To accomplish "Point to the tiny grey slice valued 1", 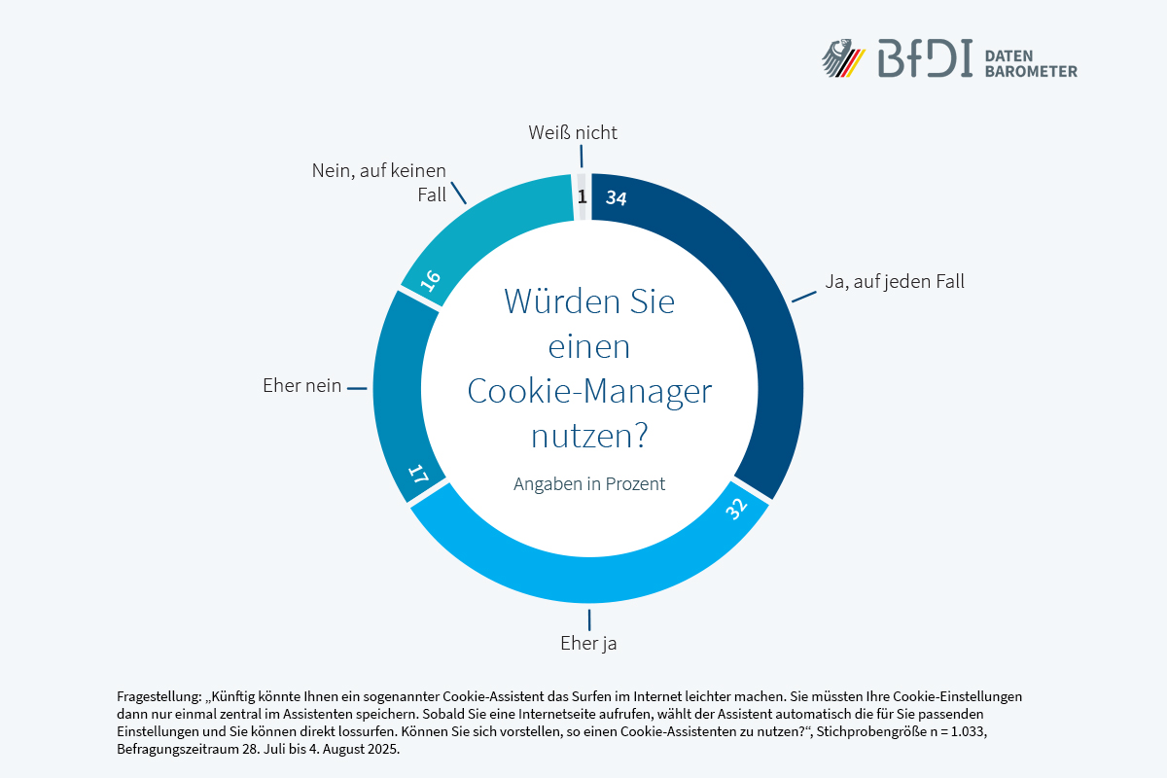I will click(583, 197).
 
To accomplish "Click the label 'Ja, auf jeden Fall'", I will click(894, 282).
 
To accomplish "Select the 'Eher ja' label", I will click(588, 643).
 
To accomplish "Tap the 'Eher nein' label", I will click(302, 386).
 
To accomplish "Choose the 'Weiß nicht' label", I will click(573, 132).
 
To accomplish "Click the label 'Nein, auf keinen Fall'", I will click(379, 183).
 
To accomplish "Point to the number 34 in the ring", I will click(616, 197).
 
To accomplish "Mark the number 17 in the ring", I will click(418, 477).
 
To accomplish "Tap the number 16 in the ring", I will click(431, 279).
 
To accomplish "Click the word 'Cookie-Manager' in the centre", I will click(589, 391).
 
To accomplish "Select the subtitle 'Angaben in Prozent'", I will click(589, 483).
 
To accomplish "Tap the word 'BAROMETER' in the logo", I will click(1031, 71).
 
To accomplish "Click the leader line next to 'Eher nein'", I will click(356, 388).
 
